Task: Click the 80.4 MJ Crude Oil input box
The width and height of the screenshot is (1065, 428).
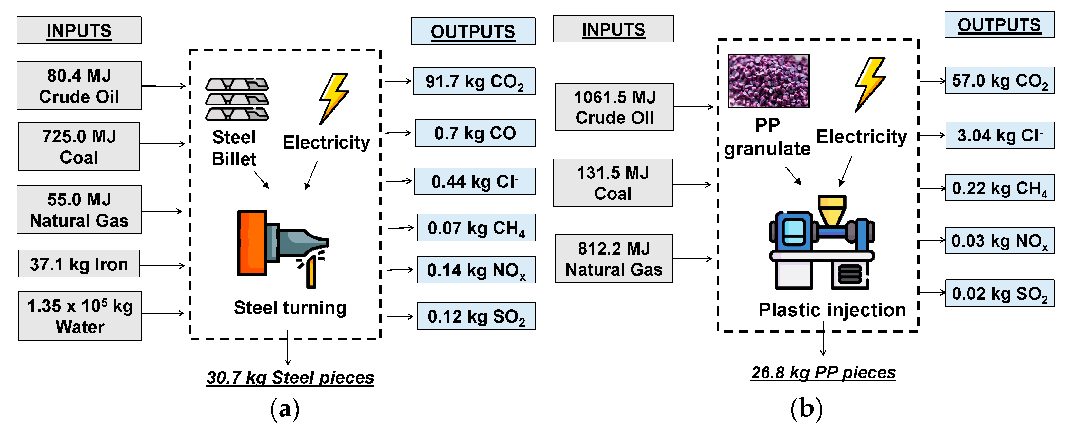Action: tap(79, 86)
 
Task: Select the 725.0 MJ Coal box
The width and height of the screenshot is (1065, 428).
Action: tap(79, 146)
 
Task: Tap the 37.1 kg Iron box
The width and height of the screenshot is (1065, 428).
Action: tap(79, 264)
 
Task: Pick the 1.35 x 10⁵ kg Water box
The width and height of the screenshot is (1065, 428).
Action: tap(80, 316)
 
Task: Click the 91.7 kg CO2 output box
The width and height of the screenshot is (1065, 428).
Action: tap(474, 81)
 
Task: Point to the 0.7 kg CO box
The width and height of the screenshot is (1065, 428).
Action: tap(475, 133)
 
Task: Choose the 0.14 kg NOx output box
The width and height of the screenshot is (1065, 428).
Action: tap(476, 270)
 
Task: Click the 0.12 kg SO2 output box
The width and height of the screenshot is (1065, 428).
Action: tap(476, 316)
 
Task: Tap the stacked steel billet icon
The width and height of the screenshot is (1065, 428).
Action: tap(237, 99)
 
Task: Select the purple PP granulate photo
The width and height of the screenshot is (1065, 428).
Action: tap(769, 81)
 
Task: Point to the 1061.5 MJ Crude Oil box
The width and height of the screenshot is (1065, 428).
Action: tap(614, 107)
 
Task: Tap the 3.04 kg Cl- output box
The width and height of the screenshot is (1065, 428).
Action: tap(999, 135)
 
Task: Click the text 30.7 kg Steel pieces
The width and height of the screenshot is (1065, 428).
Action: tap(290, 378)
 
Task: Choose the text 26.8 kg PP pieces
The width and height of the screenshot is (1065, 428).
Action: tap(823, 373)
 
